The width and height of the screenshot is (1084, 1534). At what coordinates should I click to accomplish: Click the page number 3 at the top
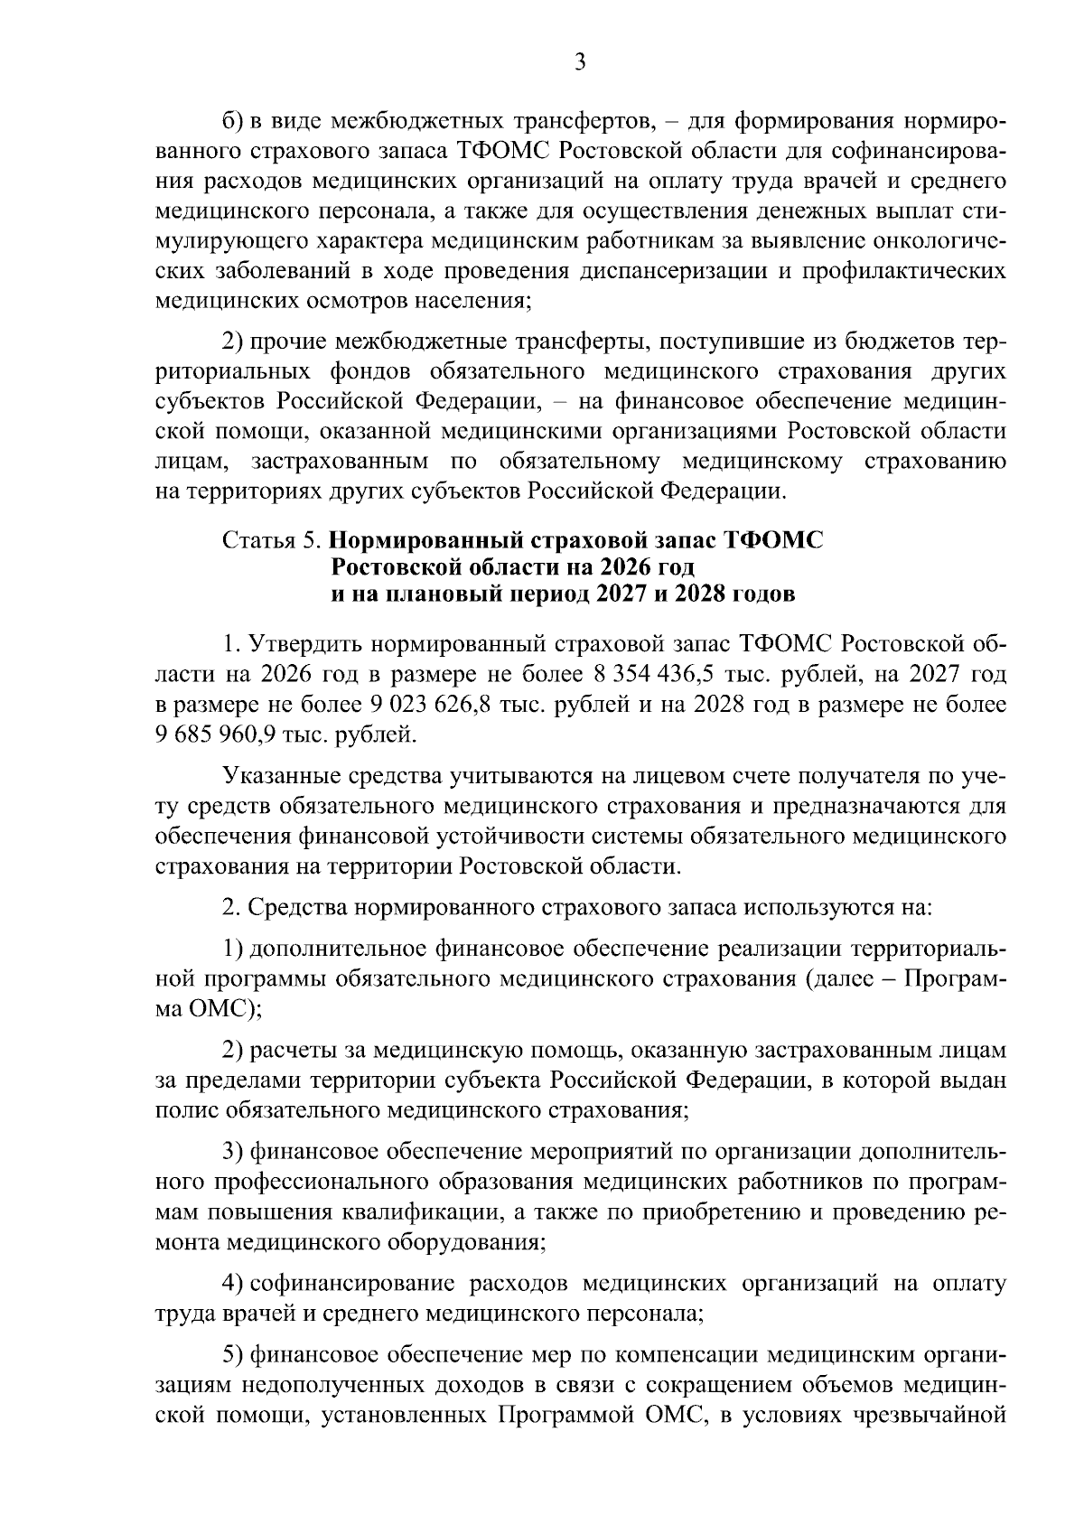(x=580, y=61)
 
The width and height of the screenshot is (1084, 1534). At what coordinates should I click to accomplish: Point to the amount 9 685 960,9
(x=211, y=734)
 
